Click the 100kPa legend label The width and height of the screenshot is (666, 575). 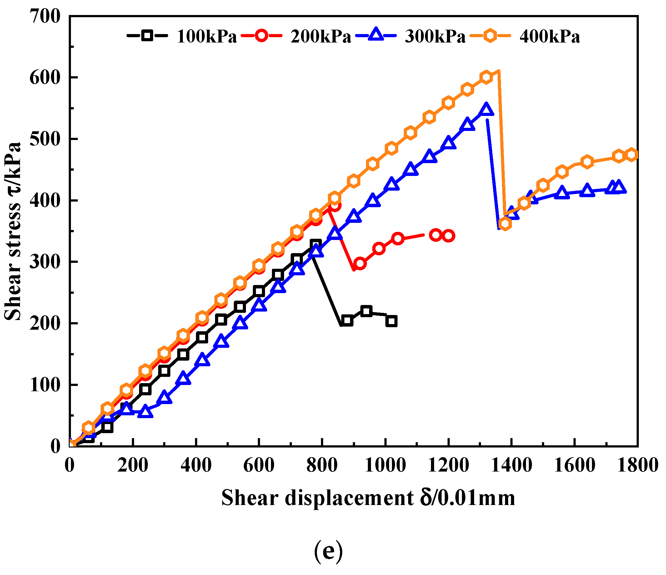(x=207, y=36)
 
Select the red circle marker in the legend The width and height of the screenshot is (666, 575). (x=261, y=35)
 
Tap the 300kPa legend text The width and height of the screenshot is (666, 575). (x=435, y=36)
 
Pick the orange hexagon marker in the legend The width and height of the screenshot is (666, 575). (x=490, y=35)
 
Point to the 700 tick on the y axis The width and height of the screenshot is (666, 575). (x=45, y=16)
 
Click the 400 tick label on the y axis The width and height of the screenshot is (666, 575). (x=45, y=201)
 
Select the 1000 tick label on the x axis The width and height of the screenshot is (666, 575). (x=385, y=465)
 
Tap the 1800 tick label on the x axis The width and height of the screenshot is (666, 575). (x=637, y=465)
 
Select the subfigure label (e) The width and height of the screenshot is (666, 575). (x=328, y=552)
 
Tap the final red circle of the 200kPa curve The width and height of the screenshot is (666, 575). (x=448, y=236)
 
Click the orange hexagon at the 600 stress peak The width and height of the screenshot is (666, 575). (x=486, y=77)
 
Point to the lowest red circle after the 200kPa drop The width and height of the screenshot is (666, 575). (x=360, y=263)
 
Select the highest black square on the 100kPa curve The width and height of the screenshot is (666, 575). (x=316, y=244)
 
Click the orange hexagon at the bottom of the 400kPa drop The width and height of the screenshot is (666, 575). (x=505, y=223)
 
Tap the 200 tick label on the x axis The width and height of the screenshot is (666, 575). (x=133, y=465)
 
